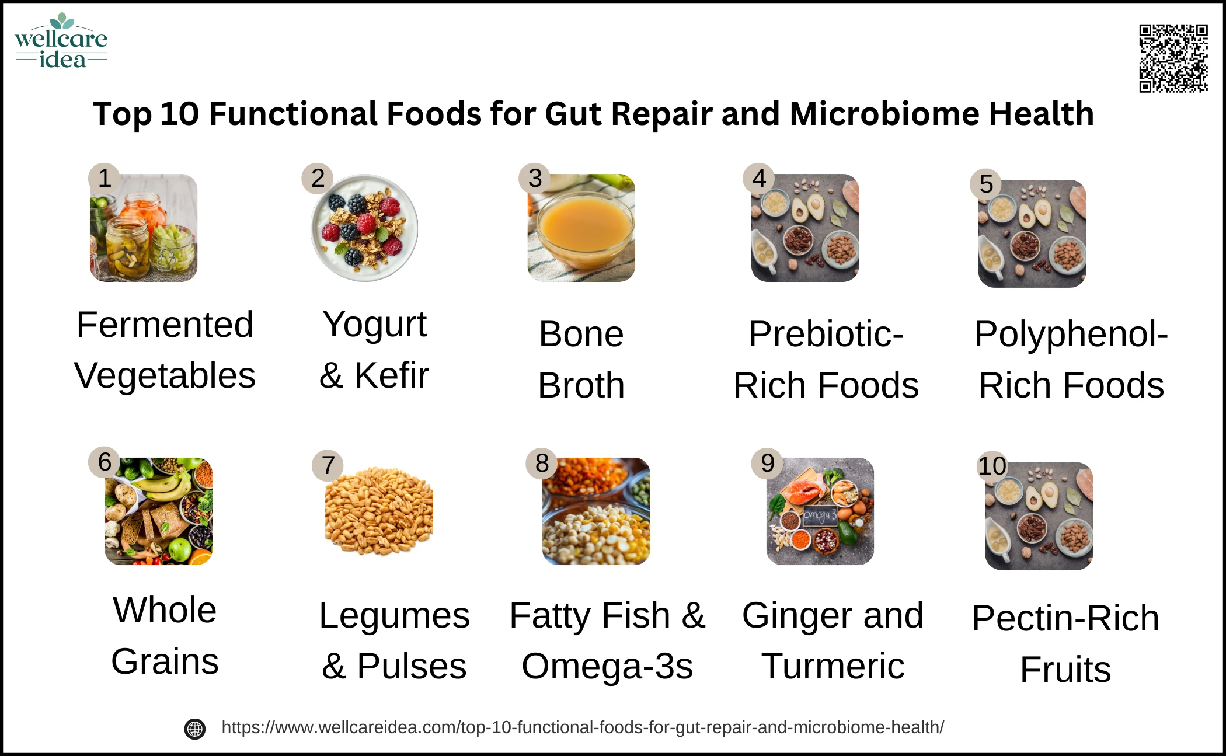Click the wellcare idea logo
tap(61, 41)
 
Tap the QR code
tap(1173, 58)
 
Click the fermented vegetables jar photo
tap(144, 228)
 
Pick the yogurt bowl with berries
tap(365, 228)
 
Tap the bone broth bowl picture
tap(581, 228)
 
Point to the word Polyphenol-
tap(1071, 334)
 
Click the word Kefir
tap(392, 375)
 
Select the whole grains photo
tap(159, 511)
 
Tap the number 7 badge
tap(328, 465)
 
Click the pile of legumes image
tap(379, 511)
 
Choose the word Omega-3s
tap(607, 666)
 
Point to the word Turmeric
tap(833, 666)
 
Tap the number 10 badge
tap(992, 466)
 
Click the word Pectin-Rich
tap(1065, 618)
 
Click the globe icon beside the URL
tap(195, 729)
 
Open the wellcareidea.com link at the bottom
tap(583, 727)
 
